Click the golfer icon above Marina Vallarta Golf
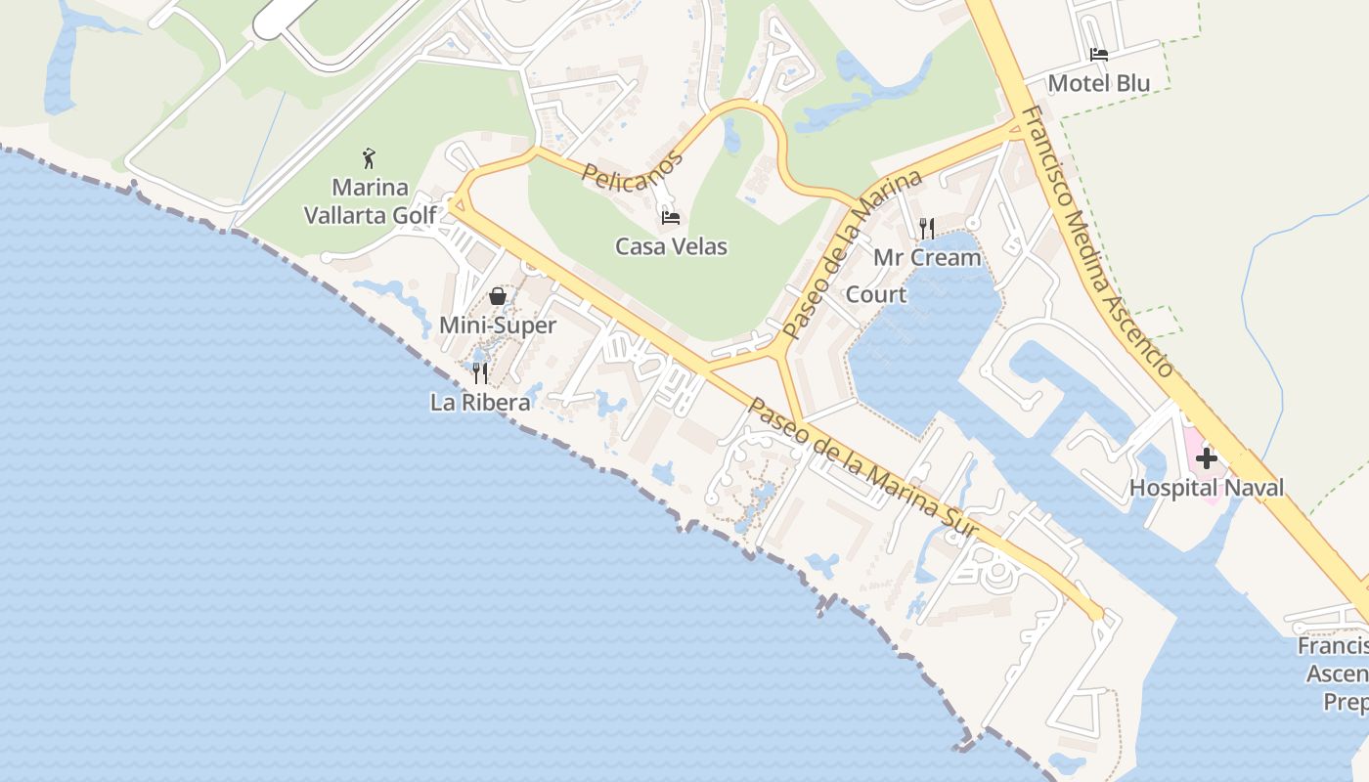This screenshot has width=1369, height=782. pos(369,158)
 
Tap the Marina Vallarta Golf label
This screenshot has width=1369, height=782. pos(370,200)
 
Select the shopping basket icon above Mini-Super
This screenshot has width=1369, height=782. pos(498,295)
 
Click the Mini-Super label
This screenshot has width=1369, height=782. pos(498,326)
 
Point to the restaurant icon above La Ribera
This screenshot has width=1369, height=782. pos(480,372)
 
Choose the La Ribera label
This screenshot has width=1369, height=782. pos(480,402)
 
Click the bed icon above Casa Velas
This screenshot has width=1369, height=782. pos(671,217)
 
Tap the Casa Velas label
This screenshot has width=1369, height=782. pos(671,246)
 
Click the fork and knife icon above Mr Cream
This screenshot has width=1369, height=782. pos(927,229)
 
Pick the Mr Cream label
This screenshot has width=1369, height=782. pos(927,258)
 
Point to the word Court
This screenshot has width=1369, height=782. pos(875,294)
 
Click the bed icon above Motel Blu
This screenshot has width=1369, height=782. pos(1099,55)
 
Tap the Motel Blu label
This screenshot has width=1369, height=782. pos(1099,83)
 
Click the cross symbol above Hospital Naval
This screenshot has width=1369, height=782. pos(1207,457)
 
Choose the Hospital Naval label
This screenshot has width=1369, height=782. pos(1207,488)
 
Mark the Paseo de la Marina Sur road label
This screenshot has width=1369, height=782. pos(863,468)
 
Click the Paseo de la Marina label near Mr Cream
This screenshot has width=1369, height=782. pos(853,255)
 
